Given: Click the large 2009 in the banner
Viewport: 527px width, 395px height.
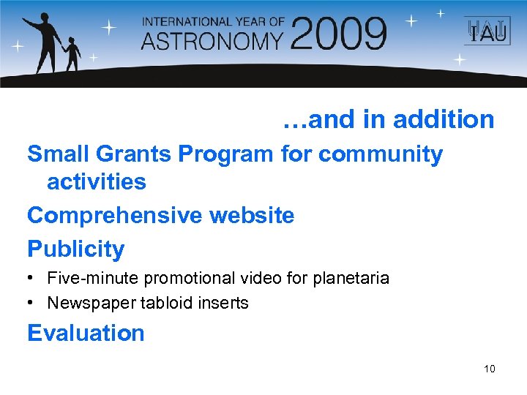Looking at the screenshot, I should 339,34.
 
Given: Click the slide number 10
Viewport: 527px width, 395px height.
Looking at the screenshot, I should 489,369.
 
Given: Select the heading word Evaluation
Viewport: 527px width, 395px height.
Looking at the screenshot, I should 86,334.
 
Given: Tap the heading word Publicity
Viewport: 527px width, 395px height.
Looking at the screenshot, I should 75,249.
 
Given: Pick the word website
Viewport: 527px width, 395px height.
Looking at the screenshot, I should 252,216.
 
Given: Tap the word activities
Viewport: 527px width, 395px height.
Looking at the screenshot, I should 97,181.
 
